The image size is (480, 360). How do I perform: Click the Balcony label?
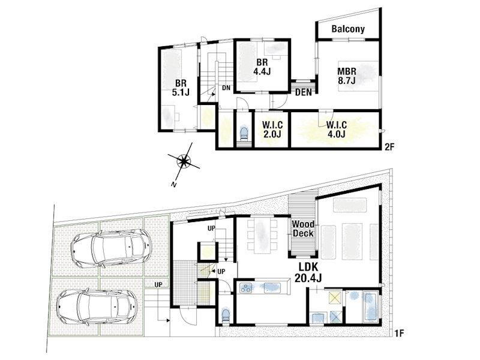point(348,29)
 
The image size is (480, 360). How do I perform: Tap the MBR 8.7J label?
point(347,76)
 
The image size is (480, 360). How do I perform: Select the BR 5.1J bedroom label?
point(181,88)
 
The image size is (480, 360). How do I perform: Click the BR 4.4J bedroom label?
point(262,67)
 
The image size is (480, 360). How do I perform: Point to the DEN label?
point(304,92)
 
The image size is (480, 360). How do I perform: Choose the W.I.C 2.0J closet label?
point(272,130)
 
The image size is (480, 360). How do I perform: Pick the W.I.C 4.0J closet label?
point(336,130)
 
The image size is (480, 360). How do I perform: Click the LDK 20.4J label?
point(308,272)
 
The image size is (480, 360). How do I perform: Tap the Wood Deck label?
point(303,229)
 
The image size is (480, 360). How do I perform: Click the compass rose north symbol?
point(184,161)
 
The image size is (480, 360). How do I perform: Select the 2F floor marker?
point(389,146)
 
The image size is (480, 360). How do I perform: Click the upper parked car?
point(112,248)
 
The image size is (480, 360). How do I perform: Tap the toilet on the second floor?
point(244,133)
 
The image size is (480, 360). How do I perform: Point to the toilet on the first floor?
point(226,316)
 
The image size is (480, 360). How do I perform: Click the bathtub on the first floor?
point(370,307)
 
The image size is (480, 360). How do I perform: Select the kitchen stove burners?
point(245,288)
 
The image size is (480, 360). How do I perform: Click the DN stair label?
point(226,88)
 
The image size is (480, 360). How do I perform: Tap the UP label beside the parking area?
point(158,284)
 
